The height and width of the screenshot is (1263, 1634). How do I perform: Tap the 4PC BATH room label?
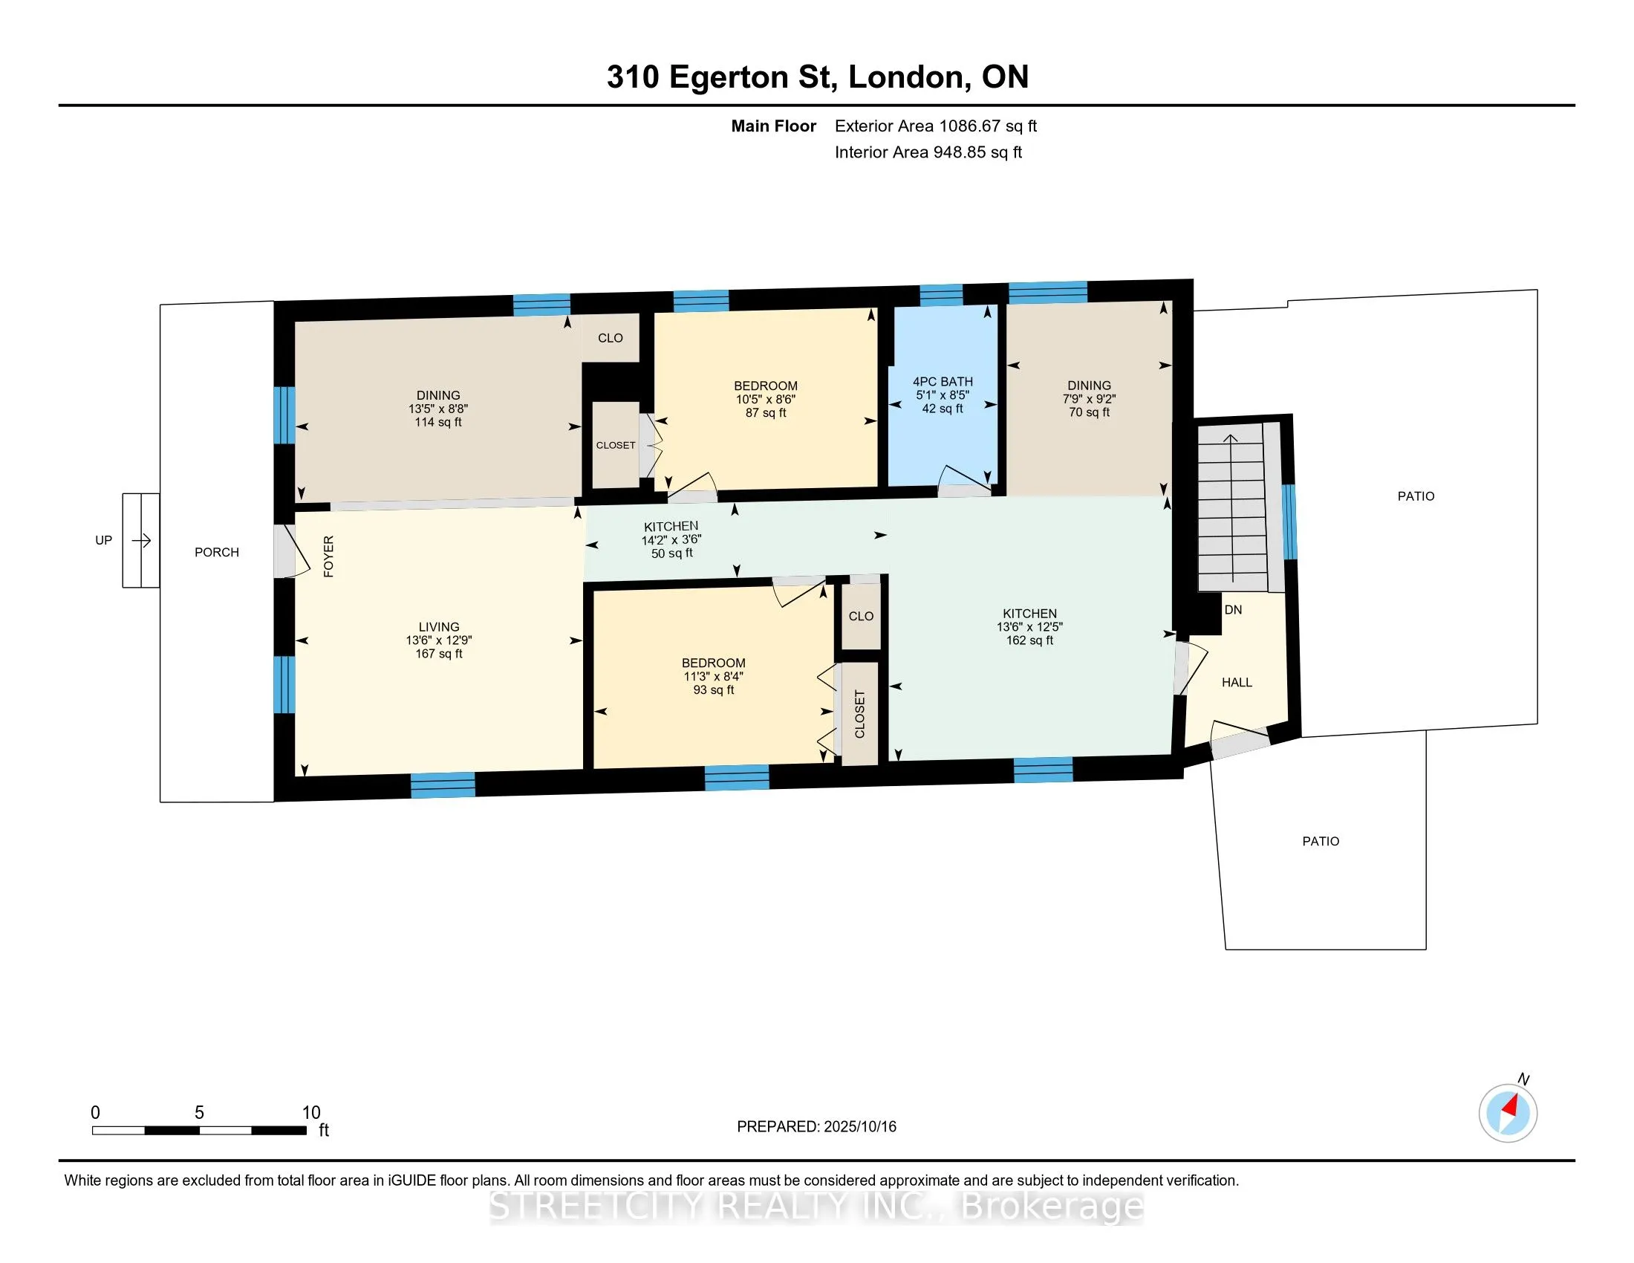(943, 382)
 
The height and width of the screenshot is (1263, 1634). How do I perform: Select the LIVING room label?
(439, 627)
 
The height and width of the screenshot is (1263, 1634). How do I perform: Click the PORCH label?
(217, 552)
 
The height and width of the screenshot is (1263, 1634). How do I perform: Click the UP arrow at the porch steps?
(141, 540)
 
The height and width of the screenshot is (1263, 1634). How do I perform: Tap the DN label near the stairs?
(1233, 610)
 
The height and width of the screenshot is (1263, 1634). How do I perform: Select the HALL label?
(1237, 682)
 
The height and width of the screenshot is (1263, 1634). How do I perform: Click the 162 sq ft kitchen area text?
(1029, 640)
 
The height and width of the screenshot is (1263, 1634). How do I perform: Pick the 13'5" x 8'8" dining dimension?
(438, 409)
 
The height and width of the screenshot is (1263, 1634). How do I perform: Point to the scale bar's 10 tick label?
(311, 1113)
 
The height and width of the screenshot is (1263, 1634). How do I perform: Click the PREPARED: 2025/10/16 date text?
(816, 1127)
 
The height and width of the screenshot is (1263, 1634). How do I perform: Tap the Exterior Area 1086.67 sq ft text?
(936, 126)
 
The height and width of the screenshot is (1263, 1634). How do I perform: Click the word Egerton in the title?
(729, 78)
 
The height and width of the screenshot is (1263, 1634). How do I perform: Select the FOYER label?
(328, 556)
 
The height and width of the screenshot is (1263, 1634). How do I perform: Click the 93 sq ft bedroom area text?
(714, 690)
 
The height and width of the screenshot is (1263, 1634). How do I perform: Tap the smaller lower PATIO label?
(1321, 841)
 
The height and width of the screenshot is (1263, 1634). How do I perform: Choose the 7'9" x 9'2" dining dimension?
(1090, 399)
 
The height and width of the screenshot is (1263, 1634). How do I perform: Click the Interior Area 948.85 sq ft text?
(928, 152)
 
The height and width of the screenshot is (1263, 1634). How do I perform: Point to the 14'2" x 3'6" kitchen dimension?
(671, 539)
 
